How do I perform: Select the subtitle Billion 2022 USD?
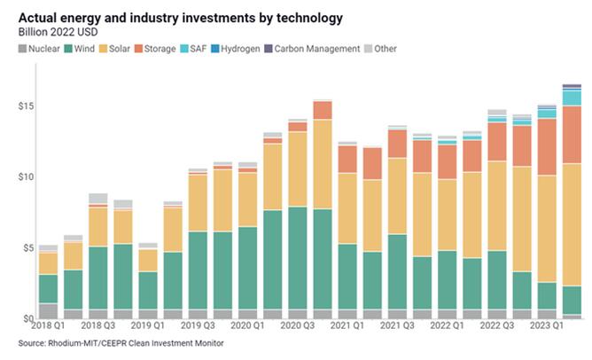click(x=59, y=32)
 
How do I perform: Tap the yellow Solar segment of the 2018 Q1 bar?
click(x=48, y=263)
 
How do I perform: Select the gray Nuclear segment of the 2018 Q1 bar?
click(x=48, y=311)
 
